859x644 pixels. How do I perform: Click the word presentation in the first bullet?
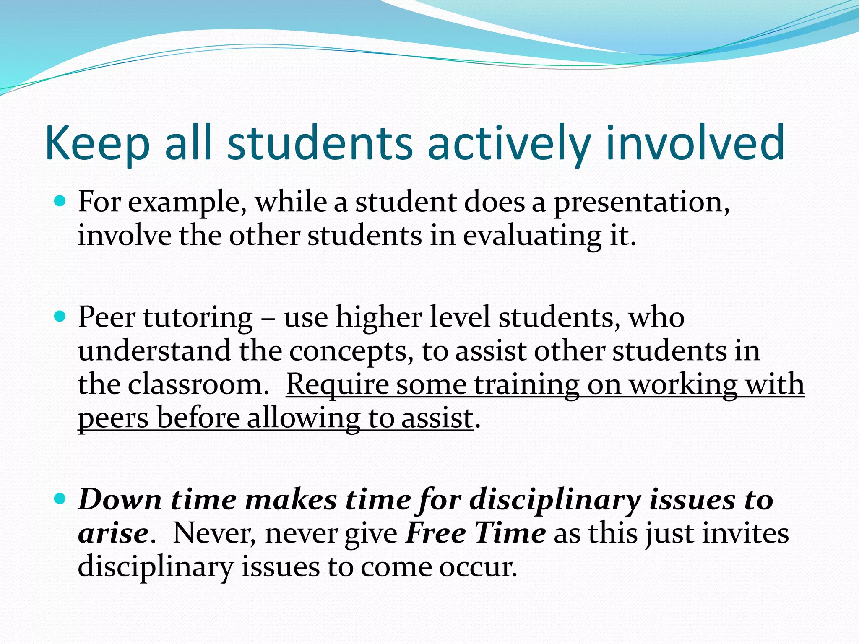tap(641, 203)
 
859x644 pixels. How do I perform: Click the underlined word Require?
tap(337, 385)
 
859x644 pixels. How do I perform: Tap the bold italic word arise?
tap(113, 534)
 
